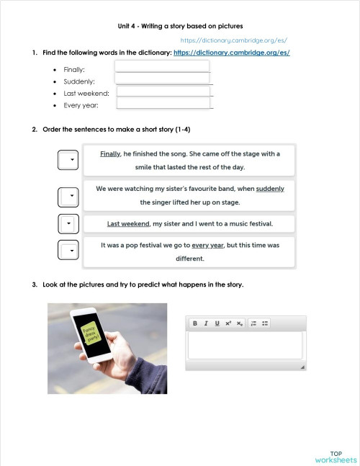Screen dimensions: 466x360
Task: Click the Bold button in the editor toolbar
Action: coord(194,323)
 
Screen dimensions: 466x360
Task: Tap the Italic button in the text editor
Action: coord(206,323)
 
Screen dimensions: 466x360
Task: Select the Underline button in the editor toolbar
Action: coord(217,323)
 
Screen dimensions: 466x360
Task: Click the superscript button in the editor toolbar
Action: coord(228,323)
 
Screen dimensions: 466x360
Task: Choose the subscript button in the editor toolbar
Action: coord(240,323)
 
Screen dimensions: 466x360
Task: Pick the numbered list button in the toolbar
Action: coord(254,323)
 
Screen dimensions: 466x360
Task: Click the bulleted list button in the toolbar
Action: coord(265,323)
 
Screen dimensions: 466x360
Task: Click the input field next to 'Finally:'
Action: coord(162,66)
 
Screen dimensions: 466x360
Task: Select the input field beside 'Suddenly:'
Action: coord(162,79)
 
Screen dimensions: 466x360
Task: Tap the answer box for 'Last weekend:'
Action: coord(163,91)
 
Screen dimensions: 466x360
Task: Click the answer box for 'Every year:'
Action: coord(163,103)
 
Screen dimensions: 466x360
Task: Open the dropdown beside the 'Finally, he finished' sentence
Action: coord(67,160)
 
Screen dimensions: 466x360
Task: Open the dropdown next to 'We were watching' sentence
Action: coord(67,195)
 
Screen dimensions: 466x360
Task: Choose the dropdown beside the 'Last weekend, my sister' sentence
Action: coord(67,224)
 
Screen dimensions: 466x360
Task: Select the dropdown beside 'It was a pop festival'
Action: coord(67,251)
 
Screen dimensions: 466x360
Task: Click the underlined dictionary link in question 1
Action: coord(232,53)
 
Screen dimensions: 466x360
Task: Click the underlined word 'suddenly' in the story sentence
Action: coord(270,189)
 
